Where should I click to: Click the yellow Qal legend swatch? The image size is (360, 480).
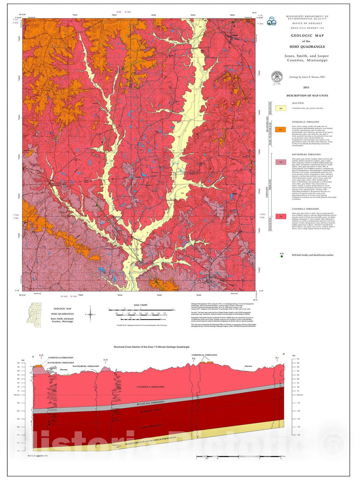coord(281,108)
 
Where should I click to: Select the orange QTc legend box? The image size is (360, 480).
coord(281,130)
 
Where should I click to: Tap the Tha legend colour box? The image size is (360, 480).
coord(281,162)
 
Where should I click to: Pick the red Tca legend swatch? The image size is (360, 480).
coord(281,216)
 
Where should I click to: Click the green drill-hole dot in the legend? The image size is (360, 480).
coord(281,256)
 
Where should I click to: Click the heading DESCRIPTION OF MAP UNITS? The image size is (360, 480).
coord(307,96)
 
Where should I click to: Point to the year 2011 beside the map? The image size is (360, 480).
coord(306,88)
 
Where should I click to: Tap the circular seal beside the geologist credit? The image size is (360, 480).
coord(277,76)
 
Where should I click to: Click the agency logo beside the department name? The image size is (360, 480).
coord(272,21)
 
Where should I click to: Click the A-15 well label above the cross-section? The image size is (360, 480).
coord(106,360)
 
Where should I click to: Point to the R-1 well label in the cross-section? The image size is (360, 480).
coord(277,358)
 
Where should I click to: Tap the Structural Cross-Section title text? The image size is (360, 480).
coord(151,347)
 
